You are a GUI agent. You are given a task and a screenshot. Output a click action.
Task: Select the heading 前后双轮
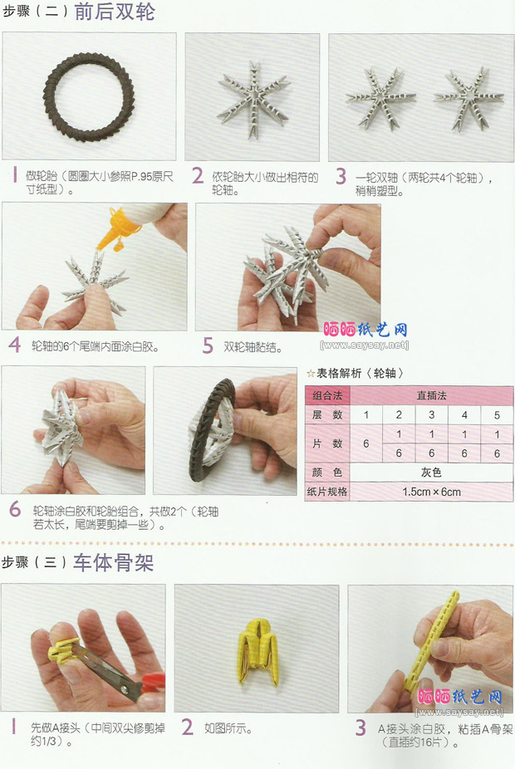(115, 12)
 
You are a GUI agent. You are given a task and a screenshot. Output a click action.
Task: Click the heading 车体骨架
(113, 562)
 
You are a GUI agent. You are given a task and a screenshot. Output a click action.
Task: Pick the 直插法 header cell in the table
(431, 395)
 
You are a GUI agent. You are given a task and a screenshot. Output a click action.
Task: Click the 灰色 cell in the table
(431, 473)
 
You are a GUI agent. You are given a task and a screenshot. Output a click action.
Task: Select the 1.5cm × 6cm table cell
(431, 492)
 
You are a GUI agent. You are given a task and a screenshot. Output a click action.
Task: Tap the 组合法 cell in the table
(327, 395)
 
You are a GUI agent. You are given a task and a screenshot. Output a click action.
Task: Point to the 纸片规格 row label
(327, 492)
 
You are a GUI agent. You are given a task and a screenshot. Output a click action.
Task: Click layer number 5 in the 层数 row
(497, 415)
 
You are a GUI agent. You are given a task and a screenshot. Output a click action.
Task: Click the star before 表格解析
(311, 374)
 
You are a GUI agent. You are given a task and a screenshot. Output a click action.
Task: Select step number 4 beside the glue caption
(15, 345)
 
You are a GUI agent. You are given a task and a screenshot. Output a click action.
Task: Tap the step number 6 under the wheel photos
(15, 509)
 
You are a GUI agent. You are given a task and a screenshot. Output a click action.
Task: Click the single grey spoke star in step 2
(253, 100)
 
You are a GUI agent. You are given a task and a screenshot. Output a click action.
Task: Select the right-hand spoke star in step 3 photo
(468, 100)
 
